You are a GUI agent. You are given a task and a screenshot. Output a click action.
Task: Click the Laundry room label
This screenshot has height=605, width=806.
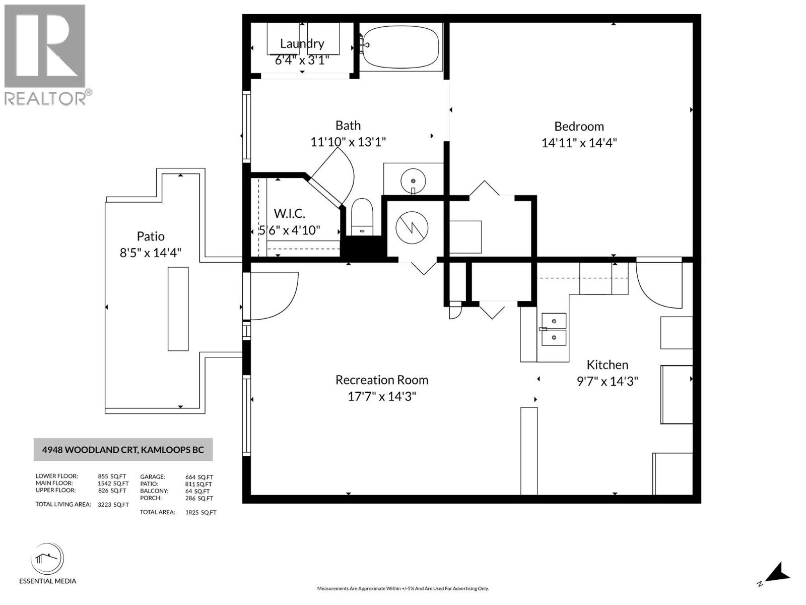302,44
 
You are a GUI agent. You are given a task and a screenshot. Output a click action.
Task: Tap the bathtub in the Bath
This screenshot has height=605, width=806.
400,46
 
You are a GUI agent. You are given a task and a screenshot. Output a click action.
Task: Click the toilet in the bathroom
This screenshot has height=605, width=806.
361,217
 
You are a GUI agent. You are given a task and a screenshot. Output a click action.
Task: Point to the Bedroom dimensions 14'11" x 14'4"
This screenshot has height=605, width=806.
579,143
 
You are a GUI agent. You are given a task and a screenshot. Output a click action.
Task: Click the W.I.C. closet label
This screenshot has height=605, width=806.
289,213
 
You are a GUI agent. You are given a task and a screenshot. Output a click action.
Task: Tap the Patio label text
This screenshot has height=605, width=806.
151,236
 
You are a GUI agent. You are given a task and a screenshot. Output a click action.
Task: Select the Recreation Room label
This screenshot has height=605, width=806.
382,380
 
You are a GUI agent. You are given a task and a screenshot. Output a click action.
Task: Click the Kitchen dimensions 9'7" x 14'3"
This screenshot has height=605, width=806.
607,381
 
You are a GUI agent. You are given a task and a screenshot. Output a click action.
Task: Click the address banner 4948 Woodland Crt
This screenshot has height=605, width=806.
123,450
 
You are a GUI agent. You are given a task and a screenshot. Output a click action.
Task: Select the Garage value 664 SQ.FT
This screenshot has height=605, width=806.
199,477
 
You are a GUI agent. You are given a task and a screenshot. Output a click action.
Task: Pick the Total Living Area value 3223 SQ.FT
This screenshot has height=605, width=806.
113,505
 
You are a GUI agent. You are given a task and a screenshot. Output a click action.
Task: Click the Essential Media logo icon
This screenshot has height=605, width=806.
47,559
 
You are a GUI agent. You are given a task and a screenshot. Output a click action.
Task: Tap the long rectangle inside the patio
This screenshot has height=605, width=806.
178,309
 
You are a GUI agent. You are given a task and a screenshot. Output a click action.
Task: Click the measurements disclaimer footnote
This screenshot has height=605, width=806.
402,588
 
